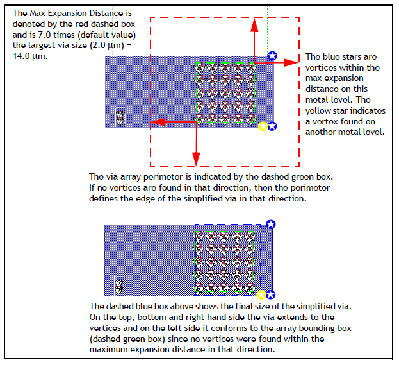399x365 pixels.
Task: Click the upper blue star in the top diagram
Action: coord(272,56)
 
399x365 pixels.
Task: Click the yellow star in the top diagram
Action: coord(262,126)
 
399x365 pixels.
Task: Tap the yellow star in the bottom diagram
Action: coord(261,294)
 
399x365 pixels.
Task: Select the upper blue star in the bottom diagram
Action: coord(271,224)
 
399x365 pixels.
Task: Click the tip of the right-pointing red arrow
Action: coord(299,62)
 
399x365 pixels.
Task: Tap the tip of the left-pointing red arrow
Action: coord(151,121)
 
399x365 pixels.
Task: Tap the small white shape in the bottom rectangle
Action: coord(119,285)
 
